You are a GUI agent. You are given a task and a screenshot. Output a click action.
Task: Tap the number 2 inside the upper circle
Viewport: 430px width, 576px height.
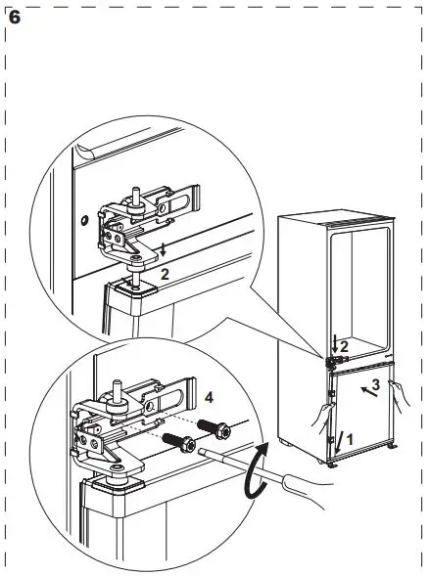165,275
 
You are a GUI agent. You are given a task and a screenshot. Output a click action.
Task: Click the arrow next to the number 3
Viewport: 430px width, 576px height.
365,393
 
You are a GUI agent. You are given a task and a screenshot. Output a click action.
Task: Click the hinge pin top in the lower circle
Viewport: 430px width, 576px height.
117,376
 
